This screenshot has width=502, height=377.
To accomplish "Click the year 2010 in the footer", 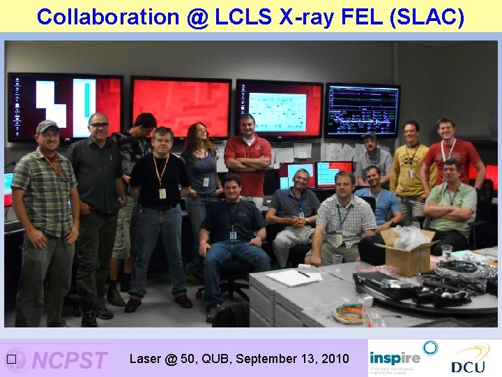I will [x=334, y=359].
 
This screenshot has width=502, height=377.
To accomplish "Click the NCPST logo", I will [x=70, y=360].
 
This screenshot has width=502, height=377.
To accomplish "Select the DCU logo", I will [x=468, y=360].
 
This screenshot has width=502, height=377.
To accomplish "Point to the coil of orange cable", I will [x=347, y=313].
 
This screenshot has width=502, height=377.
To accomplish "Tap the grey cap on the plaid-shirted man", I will [x=47, y=126].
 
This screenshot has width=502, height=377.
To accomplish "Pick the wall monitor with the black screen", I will [x=363, y=110].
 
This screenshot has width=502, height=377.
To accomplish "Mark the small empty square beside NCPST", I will [x=10, y=360].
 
